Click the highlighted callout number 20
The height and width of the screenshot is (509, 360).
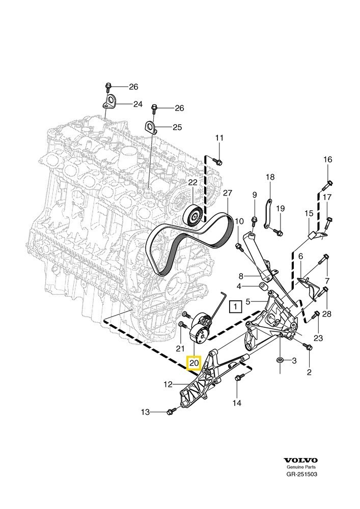[194, 363]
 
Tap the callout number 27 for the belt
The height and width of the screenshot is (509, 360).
[227, 193]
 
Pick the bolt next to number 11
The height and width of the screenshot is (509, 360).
[217, 161]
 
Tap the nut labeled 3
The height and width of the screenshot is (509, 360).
[280, 360]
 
